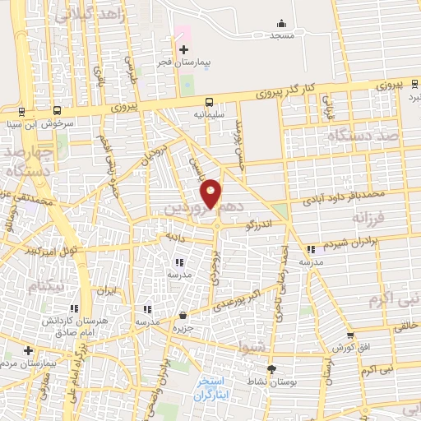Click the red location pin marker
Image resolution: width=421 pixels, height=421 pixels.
(x=211, y=192)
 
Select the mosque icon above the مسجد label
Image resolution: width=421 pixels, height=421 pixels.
(x=282, y=22)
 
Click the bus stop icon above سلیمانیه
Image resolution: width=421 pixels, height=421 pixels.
(x=209, y=103)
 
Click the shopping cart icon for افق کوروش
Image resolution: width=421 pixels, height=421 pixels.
(x=350, y=335)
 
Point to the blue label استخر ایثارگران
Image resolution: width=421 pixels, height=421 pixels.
(x=216, y=387)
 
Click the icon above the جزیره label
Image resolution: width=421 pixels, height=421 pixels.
(x=183, y=315)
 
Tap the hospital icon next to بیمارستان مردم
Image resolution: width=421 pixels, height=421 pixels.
(x=28, y=350)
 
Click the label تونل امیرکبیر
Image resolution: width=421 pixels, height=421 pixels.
(x=52, y=248)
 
